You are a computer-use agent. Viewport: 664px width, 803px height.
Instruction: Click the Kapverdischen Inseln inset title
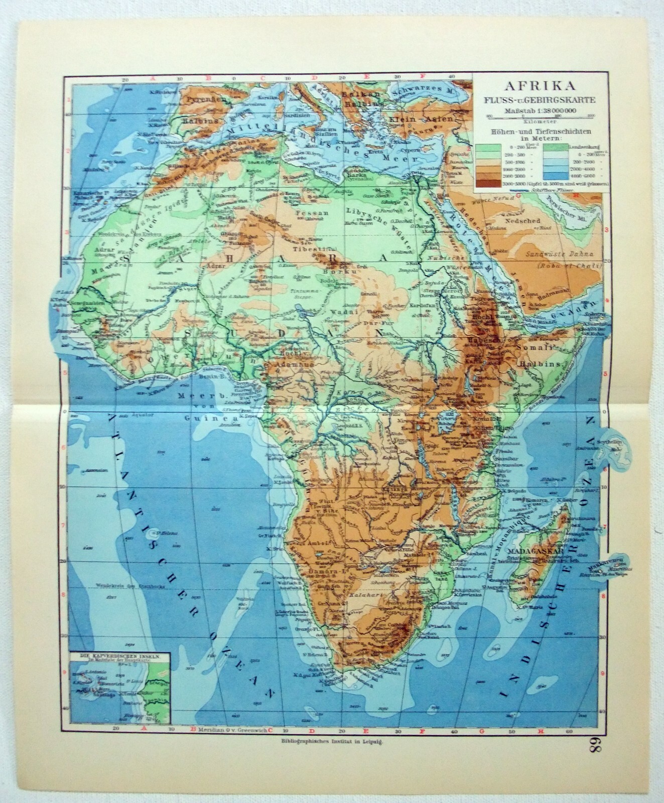pos(116,655)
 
